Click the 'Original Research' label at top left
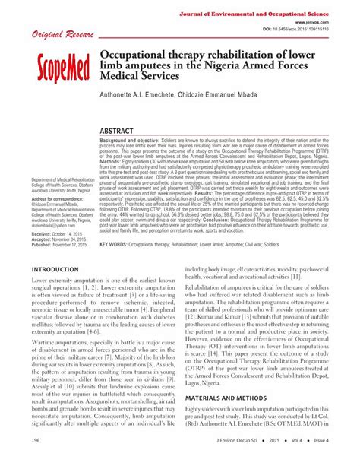tap(58, 35)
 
